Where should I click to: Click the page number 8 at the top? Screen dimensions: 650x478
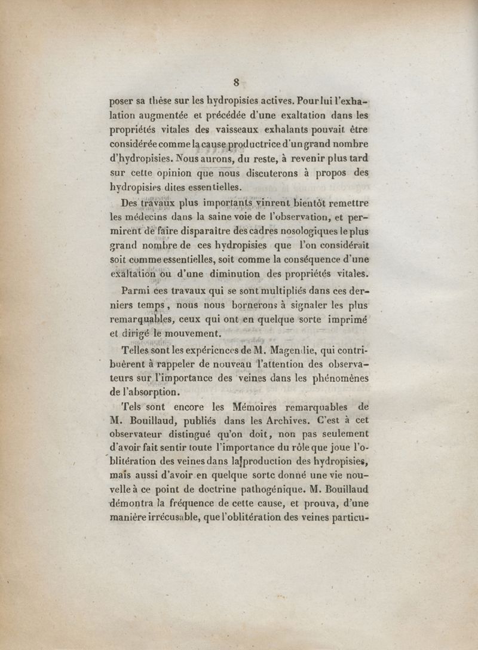(x=237, y=82)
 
